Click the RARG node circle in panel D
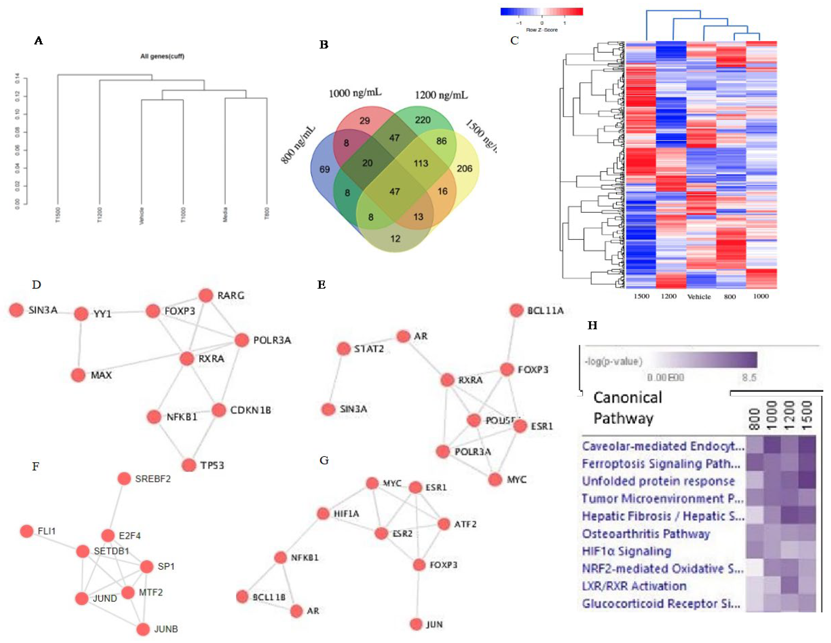point(206,295)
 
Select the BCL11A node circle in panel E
point(516,310)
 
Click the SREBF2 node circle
point(124,478)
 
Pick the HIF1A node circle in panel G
point(323,514)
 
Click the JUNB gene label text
point(166,629)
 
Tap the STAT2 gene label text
point(369,349)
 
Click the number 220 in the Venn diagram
point(423,120)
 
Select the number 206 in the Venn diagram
point(464,168)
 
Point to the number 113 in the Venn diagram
point(421,163)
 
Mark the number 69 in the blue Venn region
point(325,169)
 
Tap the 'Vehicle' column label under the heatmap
point(699,297)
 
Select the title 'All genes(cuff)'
point(162,56)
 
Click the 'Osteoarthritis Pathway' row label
point(646,534)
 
